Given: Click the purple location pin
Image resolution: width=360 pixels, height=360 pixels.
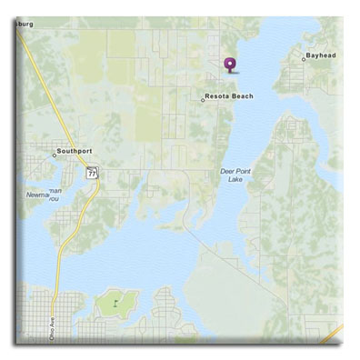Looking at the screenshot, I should pyautogui.click(x=229, y=65).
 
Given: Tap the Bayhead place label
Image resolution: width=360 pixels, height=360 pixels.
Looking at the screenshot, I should pyautogui.click(x=321, y=55).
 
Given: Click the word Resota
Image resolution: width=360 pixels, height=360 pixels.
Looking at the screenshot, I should pyautogui.click(x=218, y=95).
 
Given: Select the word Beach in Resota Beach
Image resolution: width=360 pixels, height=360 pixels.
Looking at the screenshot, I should pyautogui.click(x=241, y=95).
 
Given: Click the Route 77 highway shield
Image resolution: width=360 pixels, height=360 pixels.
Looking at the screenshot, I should pyautogui.click(x=92, y=171).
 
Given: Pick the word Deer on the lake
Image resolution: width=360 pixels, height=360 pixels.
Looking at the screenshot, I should pyautogui.click(x=227, y=170).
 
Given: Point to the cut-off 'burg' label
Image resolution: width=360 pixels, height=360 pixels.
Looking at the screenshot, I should pyautogui.click(x=24, y=24).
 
